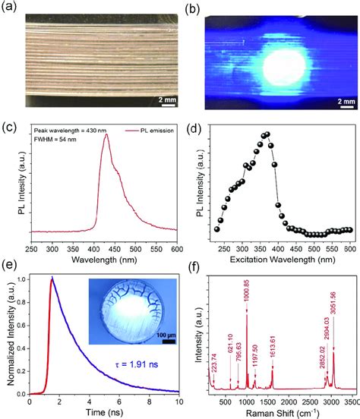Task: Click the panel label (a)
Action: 15,9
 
